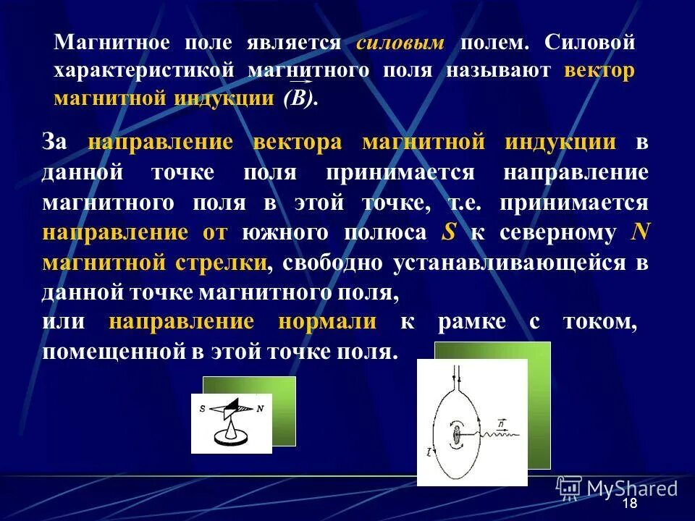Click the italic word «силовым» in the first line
pos(400,43)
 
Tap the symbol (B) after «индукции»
pos(300,99)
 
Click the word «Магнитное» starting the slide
pos(111,43)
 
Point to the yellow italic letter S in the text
pos(448,232)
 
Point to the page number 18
pos(630,504)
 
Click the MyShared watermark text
pos(632,488)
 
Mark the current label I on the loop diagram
pos(430,452)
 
